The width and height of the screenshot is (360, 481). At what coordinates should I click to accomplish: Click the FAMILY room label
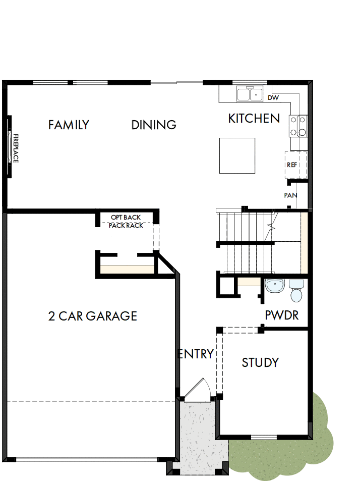pos(69,125)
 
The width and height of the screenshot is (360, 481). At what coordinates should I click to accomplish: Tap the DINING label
pos(154,125)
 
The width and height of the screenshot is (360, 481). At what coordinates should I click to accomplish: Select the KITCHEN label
pos(254,119)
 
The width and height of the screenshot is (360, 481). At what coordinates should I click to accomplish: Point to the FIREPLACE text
pos(16,148)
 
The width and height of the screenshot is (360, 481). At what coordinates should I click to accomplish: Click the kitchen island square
pos(237,155)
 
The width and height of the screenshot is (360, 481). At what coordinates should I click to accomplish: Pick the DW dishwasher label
pos(273,98)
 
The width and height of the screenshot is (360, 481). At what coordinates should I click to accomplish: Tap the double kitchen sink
pos(249,94)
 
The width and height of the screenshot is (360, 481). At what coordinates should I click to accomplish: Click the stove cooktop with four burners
pos(298,126)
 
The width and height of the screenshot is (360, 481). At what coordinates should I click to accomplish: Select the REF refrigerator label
pos(292,165)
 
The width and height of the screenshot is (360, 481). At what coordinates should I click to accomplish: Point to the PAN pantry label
pos(290,195)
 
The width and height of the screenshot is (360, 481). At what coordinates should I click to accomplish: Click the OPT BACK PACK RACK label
pos(126,222)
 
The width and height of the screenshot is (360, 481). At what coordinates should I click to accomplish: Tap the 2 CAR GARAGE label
pos(93,316)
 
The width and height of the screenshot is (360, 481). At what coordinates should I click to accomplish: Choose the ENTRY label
pos(196,354)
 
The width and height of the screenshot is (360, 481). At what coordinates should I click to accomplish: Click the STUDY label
pos(260,362)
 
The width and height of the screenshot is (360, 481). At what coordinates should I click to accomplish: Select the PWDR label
pos(282,316)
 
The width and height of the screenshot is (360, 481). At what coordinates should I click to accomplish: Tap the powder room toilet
pos(296,291)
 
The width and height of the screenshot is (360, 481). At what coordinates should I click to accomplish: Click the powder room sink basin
pos(275,286)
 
